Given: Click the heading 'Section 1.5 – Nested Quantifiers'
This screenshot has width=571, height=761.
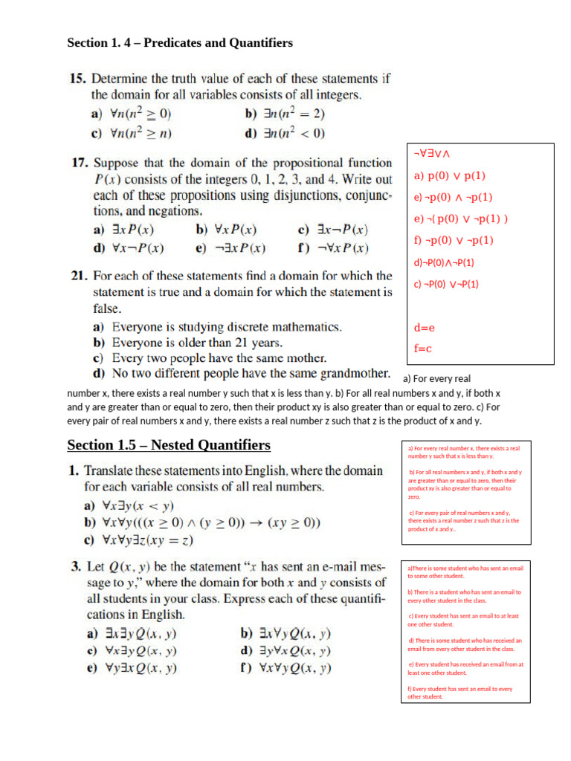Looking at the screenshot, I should coord(169,445).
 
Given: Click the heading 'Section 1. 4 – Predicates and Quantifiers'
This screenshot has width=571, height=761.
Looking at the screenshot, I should coord(180,43).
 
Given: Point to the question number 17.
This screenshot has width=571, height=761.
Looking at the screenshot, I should coord(77,163).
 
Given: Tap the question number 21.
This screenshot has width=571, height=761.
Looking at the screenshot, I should coord(77,276).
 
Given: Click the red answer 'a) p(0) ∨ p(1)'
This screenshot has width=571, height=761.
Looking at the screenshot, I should coord(449,176).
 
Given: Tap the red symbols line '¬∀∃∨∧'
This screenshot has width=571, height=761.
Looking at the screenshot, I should coord(433,153).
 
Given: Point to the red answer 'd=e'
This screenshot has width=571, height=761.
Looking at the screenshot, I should coord(424,327).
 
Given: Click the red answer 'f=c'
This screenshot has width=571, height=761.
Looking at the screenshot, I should coord(423,348).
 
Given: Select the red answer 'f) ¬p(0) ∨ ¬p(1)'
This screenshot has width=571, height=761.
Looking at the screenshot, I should coord(454,240).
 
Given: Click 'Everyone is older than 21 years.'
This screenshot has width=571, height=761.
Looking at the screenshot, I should coord(197,343).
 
